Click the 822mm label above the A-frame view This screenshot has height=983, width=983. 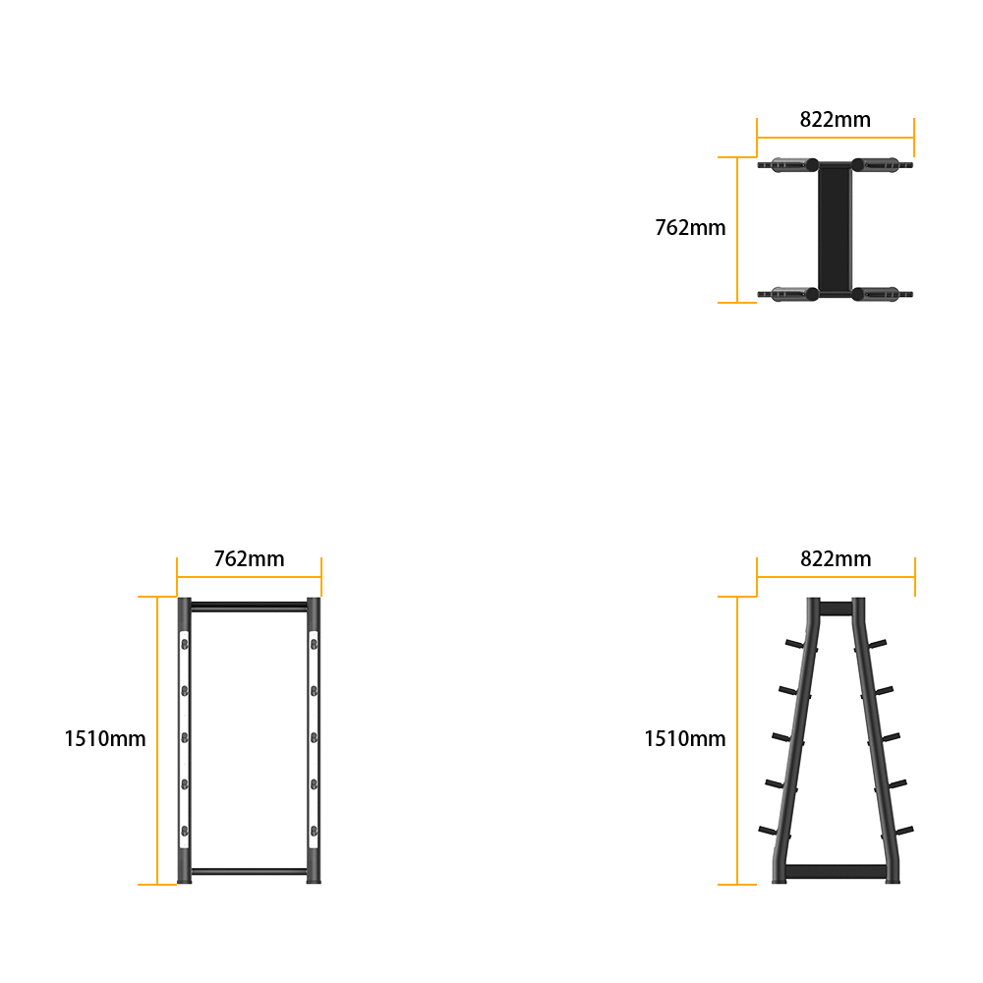836,558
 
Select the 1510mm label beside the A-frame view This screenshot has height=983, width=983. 684,738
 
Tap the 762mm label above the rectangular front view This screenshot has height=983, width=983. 249,558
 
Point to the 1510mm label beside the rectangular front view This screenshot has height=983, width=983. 105,738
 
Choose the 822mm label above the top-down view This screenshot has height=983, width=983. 835,119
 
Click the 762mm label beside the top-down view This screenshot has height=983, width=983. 690,228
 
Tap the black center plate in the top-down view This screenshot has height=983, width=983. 835,229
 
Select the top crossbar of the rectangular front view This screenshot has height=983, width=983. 249,607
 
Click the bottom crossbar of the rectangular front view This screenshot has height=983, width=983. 249,871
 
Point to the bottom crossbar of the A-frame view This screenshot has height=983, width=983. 836,871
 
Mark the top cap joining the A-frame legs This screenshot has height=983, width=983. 836,608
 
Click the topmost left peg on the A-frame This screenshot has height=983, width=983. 794,644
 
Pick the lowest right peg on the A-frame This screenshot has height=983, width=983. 904,832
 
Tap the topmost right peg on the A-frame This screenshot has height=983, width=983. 877,644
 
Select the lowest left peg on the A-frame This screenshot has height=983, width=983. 768,832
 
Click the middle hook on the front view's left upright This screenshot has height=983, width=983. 185,738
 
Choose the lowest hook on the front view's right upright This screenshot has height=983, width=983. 314,832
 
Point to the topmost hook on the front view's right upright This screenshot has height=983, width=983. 314,644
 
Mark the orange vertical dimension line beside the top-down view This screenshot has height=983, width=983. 737,230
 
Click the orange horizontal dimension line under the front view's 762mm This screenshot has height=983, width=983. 249,577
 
